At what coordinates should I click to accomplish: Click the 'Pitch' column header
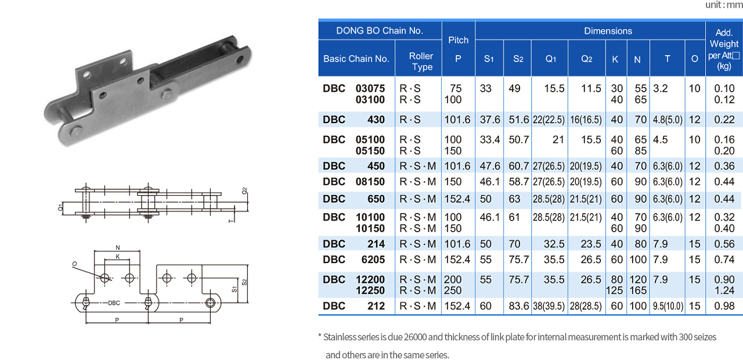458,40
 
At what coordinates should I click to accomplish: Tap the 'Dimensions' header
608,31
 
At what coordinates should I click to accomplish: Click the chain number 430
376,120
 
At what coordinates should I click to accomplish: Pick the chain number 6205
373,260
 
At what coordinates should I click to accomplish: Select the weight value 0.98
724,306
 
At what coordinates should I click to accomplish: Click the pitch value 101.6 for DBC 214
457,244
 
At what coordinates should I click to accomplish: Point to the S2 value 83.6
518,306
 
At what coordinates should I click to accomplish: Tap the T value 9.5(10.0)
668,306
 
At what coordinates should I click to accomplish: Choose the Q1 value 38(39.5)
549,306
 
